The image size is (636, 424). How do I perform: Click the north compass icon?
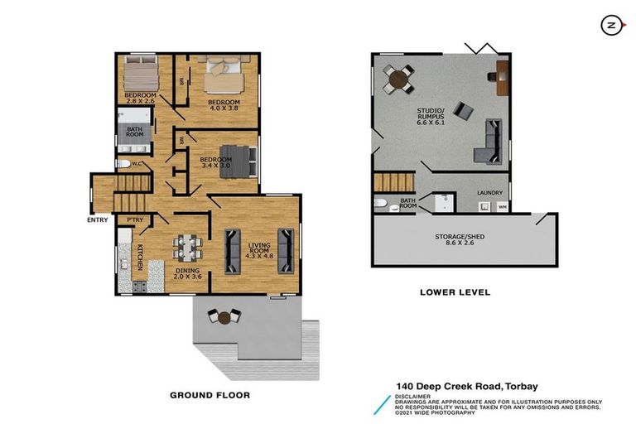point(610,26)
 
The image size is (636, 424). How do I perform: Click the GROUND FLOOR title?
point(210,395)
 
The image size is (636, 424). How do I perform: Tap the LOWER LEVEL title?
point(455,291)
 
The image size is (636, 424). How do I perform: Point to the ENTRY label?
point(98,220)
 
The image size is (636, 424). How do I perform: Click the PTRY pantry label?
point(134,219)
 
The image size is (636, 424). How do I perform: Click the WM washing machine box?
point(502,208)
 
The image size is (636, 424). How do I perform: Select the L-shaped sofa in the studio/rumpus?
point(488,142)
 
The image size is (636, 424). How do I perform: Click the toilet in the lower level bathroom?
point(382,202)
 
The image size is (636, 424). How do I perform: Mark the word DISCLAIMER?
point(414,396)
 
